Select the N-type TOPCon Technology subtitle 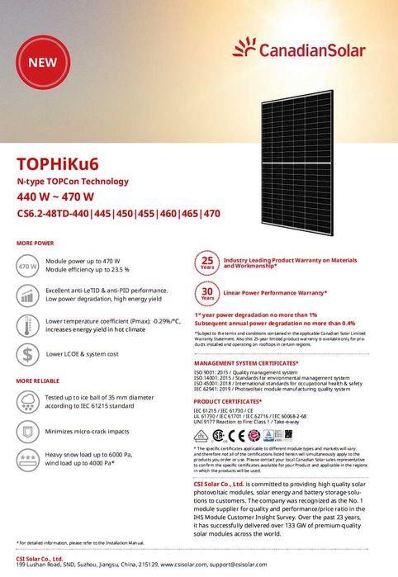click(73, 181)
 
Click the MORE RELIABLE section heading click(38, 380)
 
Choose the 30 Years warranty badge click(208, 294)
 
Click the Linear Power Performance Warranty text click(275, 294)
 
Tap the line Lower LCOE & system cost click(83, 354)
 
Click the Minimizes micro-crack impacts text click(92, 431)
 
